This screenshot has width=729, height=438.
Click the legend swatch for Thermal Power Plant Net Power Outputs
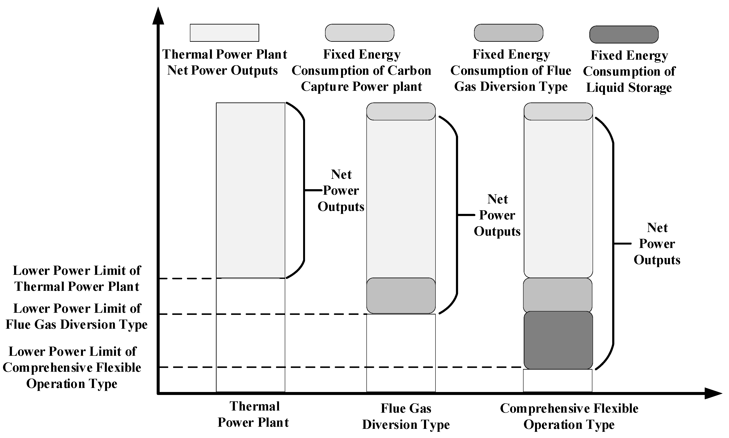point(224,33)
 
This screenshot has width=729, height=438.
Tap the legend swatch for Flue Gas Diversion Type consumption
point(508,33)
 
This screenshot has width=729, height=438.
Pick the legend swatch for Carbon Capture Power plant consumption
point(359,33)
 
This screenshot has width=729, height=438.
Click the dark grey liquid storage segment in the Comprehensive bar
point(558,340)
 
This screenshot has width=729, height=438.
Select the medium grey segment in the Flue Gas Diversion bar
point(401,296)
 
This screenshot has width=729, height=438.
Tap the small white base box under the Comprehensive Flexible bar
point(557,380)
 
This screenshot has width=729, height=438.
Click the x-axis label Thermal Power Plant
point(253,414)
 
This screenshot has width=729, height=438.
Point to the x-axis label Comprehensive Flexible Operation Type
point(569,416)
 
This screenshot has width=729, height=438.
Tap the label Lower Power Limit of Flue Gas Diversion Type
point(77,316)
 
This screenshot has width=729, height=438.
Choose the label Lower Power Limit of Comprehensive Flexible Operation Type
point(72,367)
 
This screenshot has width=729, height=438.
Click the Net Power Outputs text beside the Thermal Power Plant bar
point(341,190)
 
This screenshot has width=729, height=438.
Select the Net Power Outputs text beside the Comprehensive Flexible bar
point(657,244)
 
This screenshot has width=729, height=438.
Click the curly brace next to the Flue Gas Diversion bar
point(457,215)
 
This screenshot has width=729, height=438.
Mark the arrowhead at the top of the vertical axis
point(158,16)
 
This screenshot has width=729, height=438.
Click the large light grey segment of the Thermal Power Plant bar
point(250,190)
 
